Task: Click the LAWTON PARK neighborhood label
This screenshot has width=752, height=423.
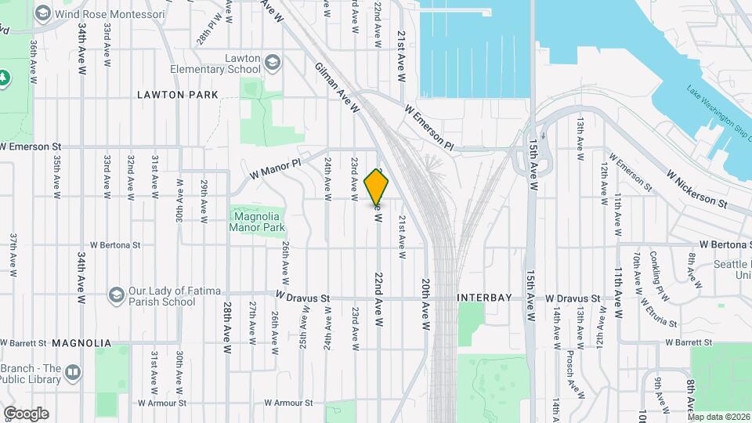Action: pos(177,95)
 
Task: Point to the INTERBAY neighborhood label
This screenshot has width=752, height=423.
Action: pos(485,298)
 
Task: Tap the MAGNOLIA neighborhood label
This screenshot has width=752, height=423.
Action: pos(81,343)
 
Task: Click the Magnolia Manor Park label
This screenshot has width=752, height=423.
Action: pos(256,222)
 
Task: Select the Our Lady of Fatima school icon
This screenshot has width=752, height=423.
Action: pos(117,295)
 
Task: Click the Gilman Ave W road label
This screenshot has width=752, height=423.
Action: pos(337,88)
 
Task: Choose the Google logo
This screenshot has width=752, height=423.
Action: pos(26,414)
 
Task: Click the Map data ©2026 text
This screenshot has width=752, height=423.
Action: pos(718,417)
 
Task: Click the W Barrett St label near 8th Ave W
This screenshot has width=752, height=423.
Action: pos(689,342)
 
